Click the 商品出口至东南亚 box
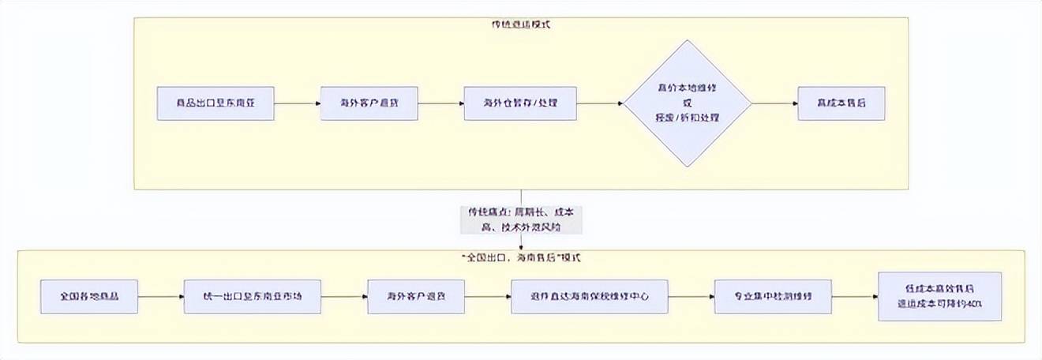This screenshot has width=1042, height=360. [216, 103]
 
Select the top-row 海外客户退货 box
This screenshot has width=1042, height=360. [369, 103]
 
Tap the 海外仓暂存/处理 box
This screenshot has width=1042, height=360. [520, 103]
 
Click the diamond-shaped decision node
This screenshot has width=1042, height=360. [687, 103]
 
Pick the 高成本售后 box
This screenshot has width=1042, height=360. [841, 103]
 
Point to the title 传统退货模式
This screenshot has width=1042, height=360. [521, 24]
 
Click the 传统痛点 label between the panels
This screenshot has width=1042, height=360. [521, 219]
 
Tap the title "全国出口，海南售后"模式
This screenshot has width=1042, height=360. [521, 258]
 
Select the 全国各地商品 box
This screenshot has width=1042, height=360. [90, 296]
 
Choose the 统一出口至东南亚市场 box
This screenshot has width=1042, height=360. [253, 296]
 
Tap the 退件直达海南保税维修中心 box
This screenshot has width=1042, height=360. [589, 296]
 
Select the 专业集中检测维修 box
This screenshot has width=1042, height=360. [763, 296]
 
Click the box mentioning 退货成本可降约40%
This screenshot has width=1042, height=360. [939, 296]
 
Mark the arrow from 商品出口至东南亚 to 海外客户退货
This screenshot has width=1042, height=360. [297, 103]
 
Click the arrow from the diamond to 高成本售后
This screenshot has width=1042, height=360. [774, 103]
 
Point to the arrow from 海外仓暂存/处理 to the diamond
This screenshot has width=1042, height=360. [600, 103]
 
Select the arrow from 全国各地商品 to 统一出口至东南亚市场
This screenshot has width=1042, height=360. [161, 296]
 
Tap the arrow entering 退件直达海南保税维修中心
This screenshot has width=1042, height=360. [486, 296]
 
